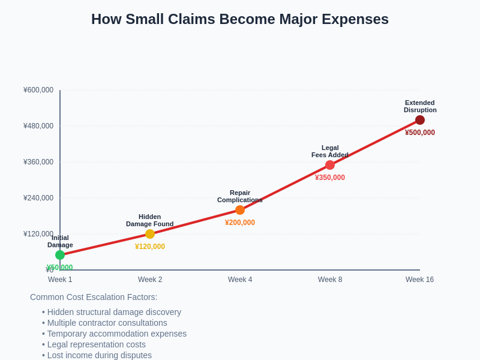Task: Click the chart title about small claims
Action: click(x=240, y=19)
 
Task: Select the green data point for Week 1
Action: click(x=60, y=255)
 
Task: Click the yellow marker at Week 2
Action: click(x=150, y=234)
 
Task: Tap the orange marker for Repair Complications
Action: click(x=240, y=210)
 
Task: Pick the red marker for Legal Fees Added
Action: click(x=330, y=165)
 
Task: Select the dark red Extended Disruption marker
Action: click(x=420, y=120)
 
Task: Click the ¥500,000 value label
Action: click(x=420, y=133)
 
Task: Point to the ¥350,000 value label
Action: click(x=330, y=178)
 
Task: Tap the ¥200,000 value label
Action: click(x=240, y=223)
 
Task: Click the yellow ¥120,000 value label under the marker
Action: click(x=150, y=247)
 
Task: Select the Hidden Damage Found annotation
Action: click(x=150, y=220)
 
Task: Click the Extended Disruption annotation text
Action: click(x=420, y=106)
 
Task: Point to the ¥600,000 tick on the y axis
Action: click(x=38, y=90)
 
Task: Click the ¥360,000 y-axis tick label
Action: click(x=38, y=162)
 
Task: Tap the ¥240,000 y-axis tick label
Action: click(x=38, y=198)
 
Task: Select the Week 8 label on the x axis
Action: click(x=330, y=280)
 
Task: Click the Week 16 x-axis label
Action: click(x=419, y=280)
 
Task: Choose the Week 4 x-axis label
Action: click(x=240, y=280)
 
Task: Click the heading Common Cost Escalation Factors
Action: click(x=94, y=297)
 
